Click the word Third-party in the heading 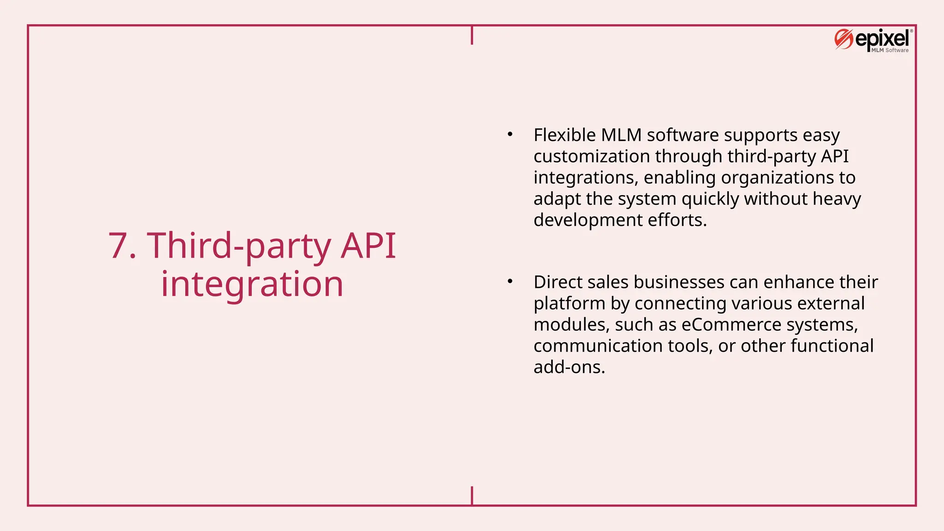[239, 245]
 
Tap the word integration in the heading [252, 284]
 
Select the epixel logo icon [844, 40]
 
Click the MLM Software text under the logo [890, 50]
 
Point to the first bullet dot [510, 135]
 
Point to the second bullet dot [510, 282]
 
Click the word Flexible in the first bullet [565, 135]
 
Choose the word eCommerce [731, 324]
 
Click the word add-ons [569, 367]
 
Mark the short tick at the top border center [472, 35]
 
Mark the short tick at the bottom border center [472, 496]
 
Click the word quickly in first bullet [710, 199]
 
